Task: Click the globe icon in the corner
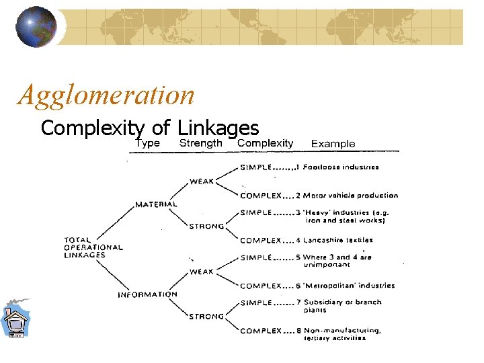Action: [x=36, y=26]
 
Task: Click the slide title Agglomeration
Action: [x=106, y=95]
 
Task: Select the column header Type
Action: [x=147, y=143]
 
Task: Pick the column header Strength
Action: [x=200, y=143]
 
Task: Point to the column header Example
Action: [x=333, y=143]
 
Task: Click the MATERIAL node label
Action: [x=156, y=204]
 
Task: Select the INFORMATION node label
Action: [x=147, y=294]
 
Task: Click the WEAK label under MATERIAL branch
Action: [x=202, y=182]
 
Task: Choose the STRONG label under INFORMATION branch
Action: [x=206, y=317]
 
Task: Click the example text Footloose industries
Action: [x=341, y=167]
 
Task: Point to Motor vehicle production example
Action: [x=350, y=196]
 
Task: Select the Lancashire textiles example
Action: [x=338, y=240]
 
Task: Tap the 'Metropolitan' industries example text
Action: [x=349, y=286]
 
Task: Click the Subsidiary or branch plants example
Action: [x=342, y=306]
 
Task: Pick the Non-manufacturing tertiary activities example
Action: [x=342, y=334]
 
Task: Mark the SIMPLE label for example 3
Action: [x=256, y=212]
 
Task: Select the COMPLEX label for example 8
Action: [x=261, y=331]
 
